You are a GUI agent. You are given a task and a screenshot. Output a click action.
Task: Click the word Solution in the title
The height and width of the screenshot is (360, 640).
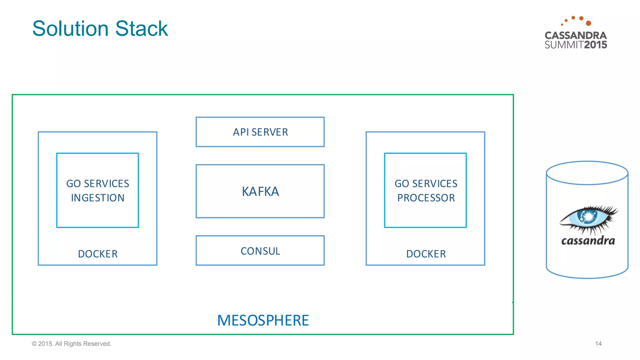(71, 28)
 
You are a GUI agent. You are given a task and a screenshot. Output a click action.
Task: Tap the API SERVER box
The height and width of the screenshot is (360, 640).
(260, 132)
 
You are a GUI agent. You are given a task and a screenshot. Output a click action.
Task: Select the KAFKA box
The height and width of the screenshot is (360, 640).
(260, 191)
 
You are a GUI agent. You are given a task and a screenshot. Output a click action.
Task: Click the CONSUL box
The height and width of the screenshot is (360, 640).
(260, 251)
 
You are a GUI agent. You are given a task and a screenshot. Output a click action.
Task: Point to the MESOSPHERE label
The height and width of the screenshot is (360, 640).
(263, 320)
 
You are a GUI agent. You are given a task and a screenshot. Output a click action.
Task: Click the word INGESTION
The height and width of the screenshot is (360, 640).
(97, 198)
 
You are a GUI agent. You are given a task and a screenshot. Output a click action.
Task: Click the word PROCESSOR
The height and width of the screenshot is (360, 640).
(426, 198)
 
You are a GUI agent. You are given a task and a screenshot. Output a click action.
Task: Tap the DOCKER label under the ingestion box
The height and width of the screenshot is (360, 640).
(97, 254)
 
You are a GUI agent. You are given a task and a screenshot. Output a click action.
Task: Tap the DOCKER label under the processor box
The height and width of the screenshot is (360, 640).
(426, 254)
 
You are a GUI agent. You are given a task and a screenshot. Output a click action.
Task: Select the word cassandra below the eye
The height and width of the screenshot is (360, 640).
(588, 241)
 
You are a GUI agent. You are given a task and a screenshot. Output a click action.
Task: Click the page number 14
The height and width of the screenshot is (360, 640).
(598, 344)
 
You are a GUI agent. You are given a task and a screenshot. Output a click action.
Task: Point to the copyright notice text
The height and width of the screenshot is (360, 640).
(72, 344)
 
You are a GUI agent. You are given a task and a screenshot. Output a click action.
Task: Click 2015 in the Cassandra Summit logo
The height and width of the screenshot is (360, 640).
(595, 45)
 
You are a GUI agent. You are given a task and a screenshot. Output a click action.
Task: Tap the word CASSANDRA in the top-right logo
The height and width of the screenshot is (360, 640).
(576, 35)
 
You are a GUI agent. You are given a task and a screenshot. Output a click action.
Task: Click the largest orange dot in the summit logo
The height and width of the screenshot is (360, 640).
(588, 23)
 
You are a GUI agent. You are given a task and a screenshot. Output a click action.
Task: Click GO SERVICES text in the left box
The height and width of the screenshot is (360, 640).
(97, 183)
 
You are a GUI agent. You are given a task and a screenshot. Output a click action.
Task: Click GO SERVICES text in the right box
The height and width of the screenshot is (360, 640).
(426, 183)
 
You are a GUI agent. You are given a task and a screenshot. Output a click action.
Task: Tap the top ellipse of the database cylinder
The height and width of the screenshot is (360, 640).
(587, 173)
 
